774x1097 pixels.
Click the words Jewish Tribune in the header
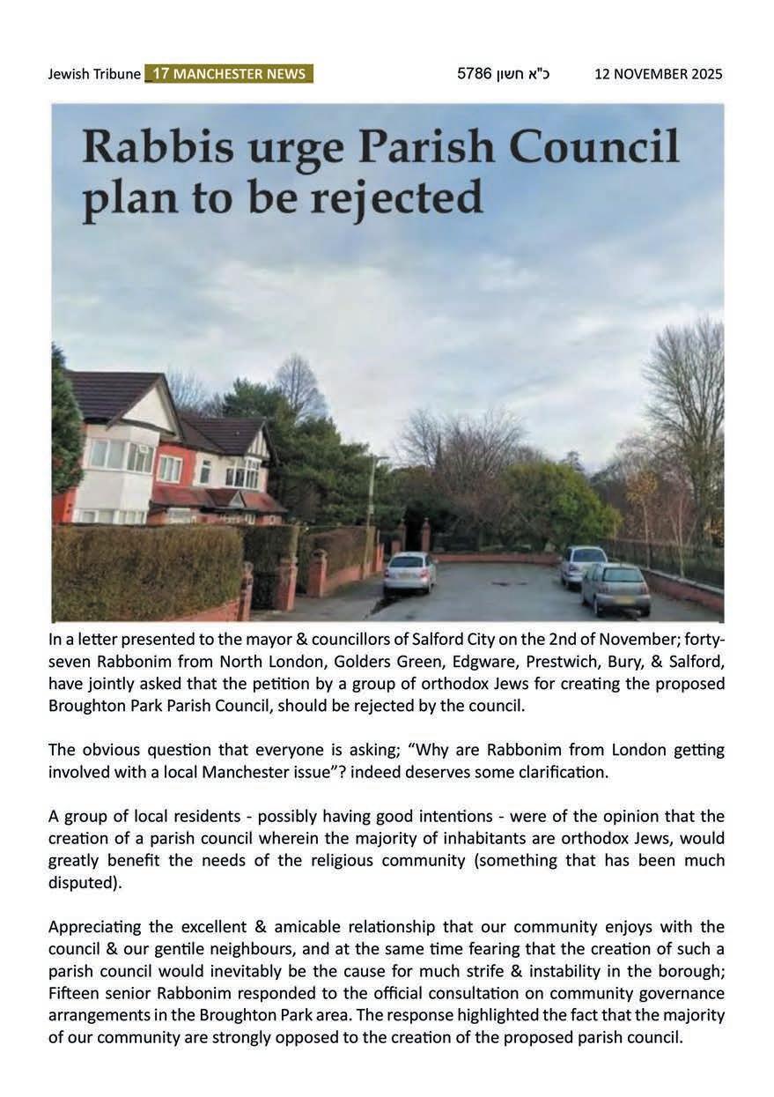pyautogui.click(x=94, y=74)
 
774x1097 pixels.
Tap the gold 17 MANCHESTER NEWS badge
pyautogui.click(x=229, y=74)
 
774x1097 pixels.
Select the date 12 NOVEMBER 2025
pyautogui.click(x=658, y=74)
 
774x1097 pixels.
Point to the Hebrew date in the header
pyautogui.click(x=503, y=74)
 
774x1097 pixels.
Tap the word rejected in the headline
pyautogui.click(x=390, y=199)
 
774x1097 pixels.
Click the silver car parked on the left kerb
pyautogui.click(x=409, y=573)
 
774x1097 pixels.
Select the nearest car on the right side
pyautogui.click(x=616, y=588)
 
